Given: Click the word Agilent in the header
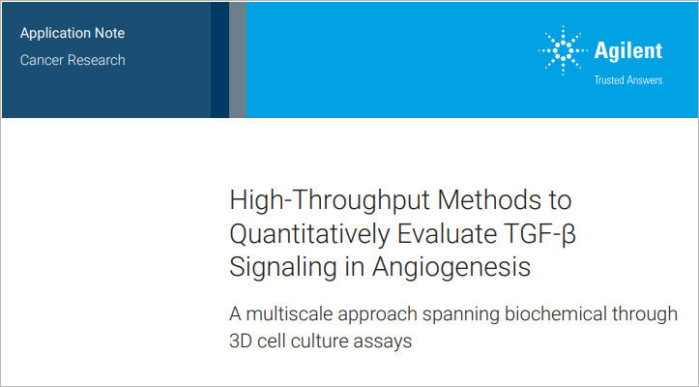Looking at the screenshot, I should (x=627, y=50).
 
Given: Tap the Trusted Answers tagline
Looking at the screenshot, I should (x=627, y=80).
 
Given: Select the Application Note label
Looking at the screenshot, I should (x=73, y=33).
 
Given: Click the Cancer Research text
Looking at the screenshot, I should (x=73, y=60).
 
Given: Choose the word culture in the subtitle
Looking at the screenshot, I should (x=333, y=342).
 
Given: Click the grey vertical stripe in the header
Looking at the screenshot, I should (x=238, y=58).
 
